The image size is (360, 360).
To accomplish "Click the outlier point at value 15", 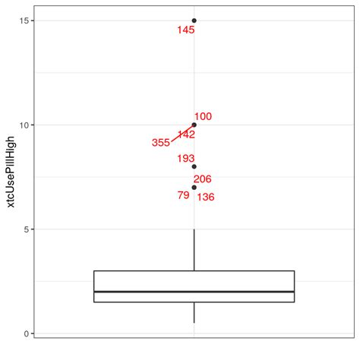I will tap(194, 21).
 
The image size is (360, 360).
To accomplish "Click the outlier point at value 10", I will tap(194, 125).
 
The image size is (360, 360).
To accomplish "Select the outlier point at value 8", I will tap(194, 166).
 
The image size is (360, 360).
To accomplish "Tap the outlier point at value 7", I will tap(194, 187).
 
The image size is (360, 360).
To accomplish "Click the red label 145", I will tap(186, 30).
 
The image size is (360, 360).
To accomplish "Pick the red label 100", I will tap(203, 117).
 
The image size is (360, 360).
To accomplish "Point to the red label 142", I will tap(186, 134).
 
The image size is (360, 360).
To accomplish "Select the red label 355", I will tap(161, 143).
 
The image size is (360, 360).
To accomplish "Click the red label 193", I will tap(186, 159).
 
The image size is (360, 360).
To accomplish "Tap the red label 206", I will tap(203, 179).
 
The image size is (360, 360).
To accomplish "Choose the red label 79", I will tap(183, 195).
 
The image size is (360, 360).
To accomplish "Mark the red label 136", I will tap(206, 197).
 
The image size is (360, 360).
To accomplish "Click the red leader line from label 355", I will tap(182, 133).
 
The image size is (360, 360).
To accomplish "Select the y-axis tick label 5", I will tap(27, 229).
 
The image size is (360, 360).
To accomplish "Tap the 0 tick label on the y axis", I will tap(27, 333).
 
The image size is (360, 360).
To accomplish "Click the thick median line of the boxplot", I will tap(194, 292).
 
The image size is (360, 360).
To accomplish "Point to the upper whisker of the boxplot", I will tap(194, 250).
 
